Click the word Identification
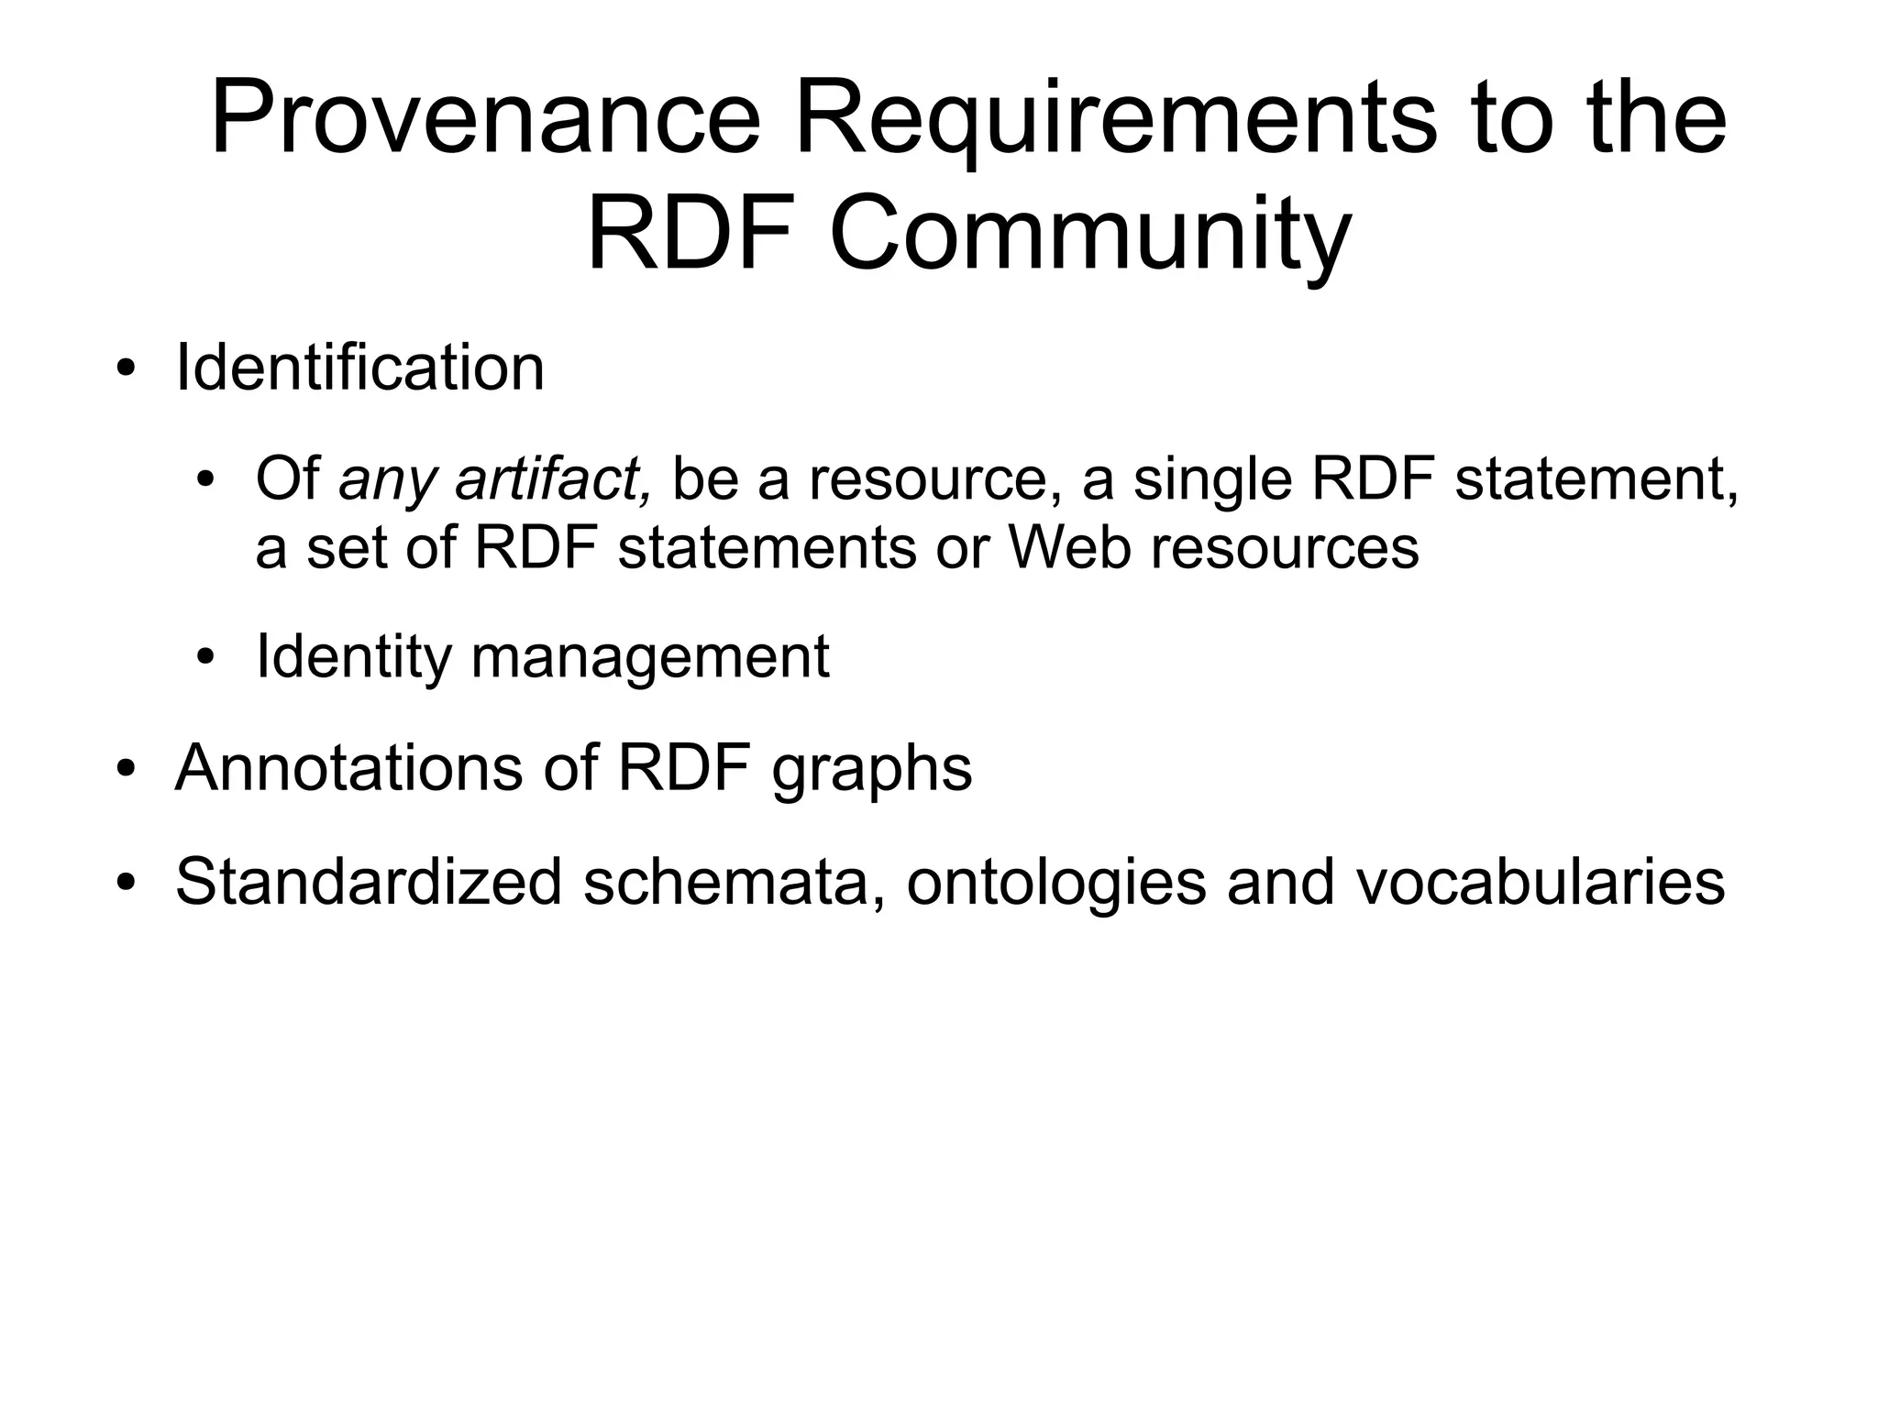click(x=359, y=368)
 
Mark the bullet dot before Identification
click(x=127, y=370)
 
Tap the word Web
click(x=1069, y=548)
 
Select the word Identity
click(x=353, y=657)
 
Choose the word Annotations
click(x=348, y=767)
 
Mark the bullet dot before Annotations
click(x=127, y=769)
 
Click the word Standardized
click(x=368, y=881)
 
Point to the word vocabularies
click(x=1541, y=882)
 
